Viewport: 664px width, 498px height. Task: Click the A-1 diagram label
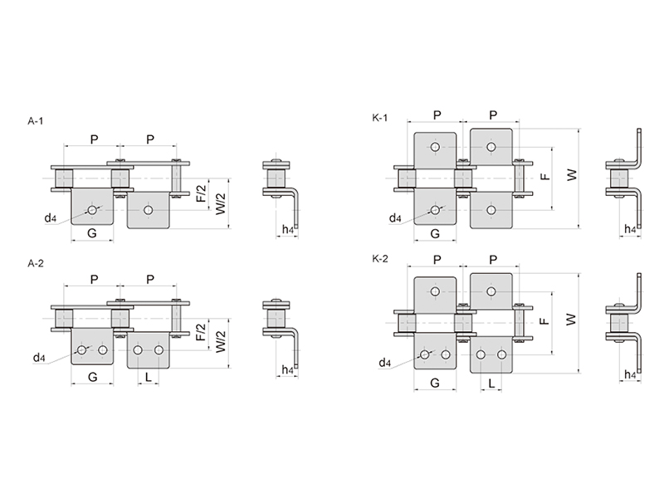(36, 121)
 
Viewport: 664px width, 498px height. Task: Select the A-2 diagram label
(36, 263)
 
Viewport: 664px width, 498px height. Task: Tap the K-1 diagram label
(380, 118)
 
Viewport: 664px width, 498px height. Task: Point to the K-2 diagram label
(380, 259)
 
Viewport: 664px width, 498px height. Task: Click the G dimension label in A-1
(92, 233)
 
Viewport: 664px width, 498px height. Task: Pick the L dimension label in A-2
(149, 377)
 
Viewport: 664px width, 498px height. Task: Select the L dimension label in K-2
(491, 383)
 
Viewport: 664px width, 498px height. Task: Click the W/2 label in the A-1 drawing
(221, 203)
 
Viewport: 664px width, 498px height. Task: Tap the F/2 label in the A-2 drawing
(201, 332)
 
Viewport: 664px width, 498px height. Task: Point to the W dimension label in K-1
(572, 175)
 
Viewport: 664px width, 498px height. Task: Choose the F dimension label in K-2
(545, 321)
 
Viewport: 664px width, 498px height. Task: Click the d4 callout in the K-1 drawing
(395, 218)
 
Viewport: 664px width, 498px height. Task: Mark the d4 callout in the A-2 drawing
(39, 358)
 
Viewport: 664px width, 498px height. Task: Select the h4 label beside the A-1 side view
(288, 230)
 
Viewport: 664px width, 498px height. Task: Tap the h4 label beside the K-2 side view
(630, 374)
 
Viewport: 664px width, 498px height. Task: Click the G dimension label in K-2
(435, 383)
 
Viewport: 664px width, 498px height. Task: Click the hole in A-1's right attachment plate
(149, 210)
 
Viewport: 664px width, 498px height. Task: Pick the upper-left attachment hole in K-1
(435, 147)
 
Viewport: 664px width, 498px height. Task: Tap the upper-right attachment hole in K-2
(491, 291)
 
